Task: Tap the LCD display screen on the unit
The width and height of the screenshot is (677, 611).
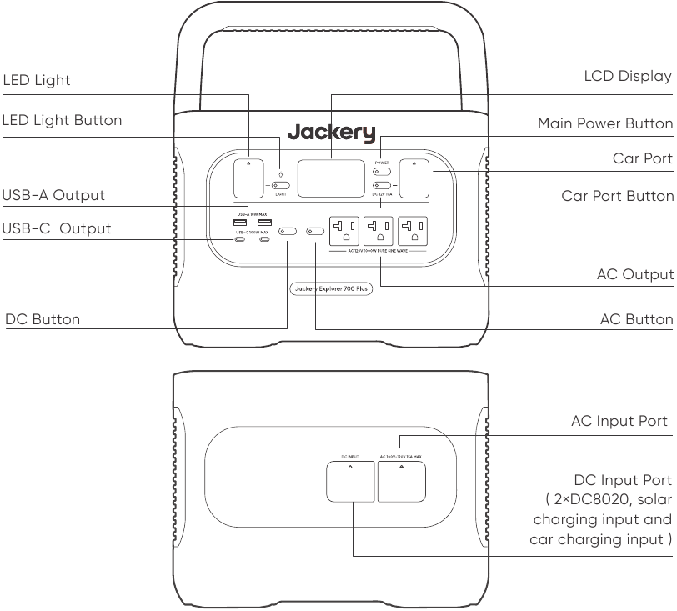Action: click(331, 178)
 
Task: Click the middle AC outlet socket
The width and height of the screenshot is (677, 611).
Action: click(379, 229)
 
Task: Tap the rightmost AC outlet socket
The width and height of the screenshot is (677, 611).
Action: click(414, 229)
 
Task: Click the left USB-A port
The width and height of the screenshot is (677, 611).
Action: click(240, 223)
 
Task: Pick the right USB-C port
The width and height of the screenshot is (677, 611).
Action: click(264, 241)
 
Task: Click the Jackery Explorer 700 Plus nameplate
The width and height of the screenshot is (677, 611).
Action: click(331, 289)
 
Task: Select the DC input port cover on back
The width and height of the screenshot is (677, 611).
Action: click(349, 480)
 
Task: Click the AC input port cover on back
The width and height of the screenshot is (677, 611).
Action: click(401, 480)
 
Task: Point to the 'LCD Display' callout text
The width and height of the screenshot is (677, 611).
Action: click(627, 77)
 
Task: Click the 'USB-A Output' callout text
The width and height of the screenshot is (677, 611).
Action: click(54, 195)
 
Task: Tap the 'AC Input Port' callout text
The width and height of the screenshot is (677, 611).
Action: click(619, 421)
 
